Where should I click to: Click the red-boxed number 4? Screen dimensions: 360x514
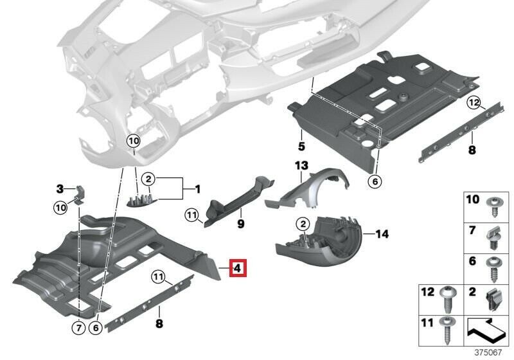coord(237,267)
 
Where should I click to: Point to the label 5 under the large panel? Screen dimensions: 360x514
coord(300,138)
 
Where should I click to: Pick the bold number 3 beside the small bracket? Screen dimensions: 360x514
coord(60,189)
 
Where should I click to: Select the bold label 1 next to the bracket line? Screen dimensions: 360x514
coord(198,190)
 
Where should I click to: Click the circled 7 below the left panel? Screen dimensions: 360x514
coord(77,329)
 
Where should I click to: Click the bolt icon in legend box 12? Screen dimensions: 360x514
coord(448,298)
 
